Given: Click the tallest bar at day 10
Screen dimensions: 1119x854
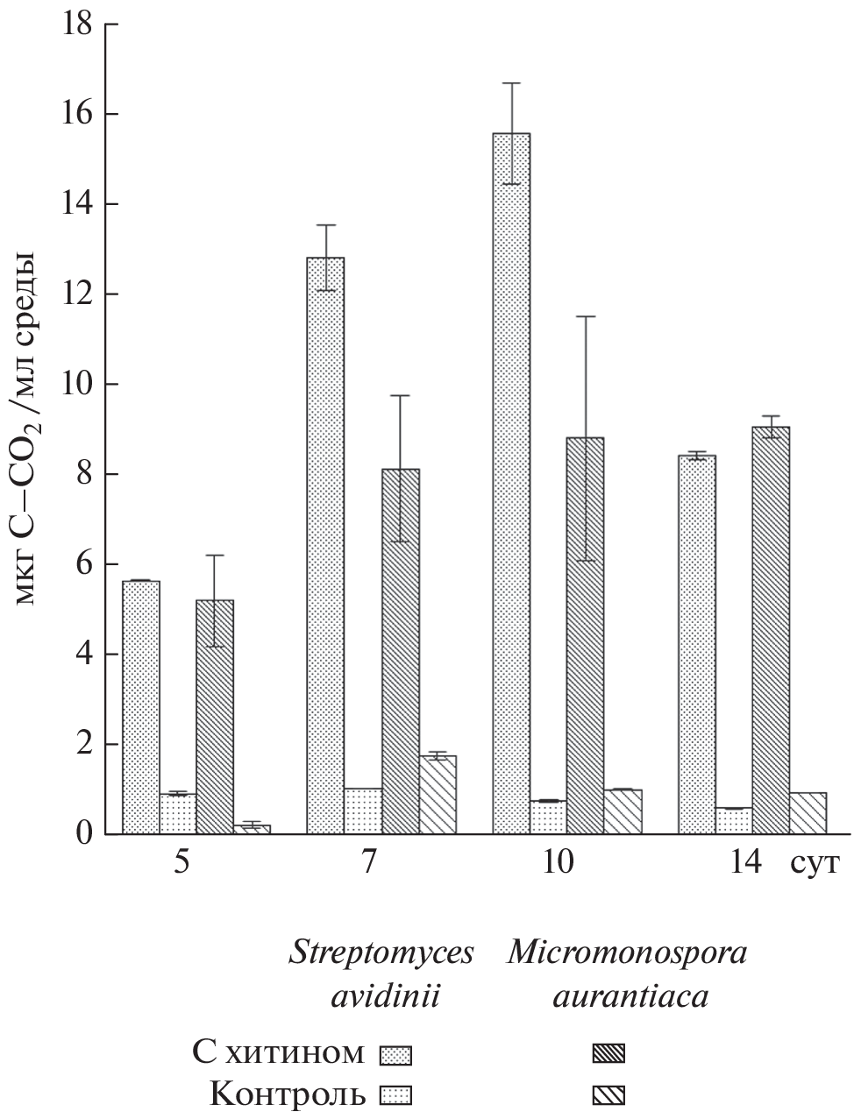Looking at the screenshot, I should click(x=511, y=482).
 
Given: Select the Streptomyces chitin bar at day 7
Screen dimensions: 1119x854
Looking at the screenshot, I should click(x=325, y=543).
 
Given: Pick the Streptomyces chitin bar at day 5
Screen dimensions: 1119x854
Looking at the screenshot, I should click(x=140, y=705).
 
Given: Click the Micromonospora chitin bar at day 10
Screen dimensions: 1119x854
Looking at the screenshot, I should click(x=585, y=634).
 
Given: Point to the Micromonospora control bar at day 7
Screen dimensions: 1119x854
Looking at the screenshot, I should click(x=438, y=794).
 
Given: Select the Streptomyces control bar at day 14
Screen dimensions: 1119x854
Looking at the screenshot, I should click(x=734, y=820).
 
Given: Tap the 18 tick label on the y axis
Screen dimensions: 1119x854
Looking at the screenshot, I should click(x=77, y=24).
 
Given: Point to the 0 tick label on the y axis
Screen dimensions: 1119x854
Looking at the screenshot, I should click(x=84, y=833).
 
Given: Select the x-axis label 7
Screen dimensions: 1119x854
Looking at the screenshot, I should click(x=369, y=863).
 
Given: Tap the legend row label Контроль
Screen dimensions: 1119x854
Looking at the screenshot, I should click(x=288, y=1094).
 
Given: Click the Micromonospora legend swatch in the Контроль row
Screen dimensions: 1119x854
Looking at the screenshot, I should click(x=609, y=1094).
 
